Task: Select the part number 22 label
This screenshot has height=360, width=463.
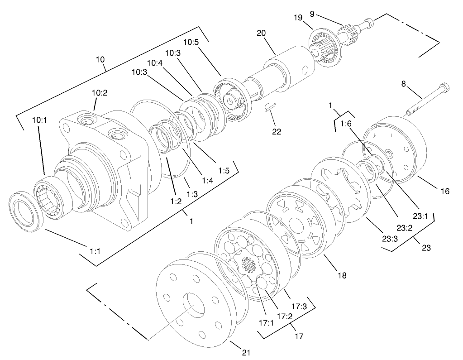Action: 277,132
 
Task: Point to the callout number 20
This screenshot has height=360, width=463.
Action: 261,33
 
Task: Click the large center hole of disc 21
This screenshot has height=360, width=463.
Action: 194,305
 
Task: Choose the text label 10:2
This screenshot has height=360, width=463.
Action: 100,93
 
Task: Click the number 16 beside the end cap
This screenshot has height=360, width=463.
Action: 444,192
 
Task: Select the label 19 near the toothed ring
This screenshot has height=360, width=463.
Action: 298,18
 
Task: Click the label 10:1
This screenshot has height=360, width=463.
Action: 39,120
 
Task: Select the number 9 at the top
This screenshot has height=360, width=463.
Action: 312,14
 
